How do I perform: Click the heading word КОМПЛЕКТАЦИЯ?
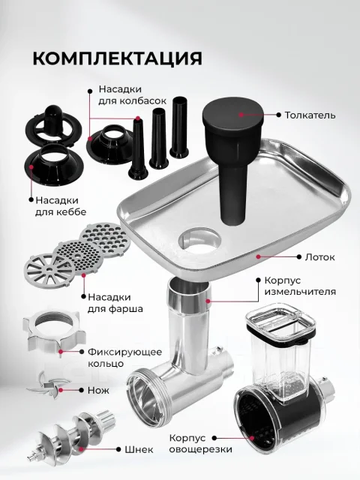coord(117,58)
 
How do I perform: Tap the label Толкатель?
coord(310,115)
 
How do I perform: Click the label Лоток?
coord(319,256)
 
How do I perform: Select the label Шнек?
coord(139,450)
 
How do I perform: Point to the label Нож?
coord(98,390)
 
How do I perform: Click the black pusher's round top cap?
coord(233,113)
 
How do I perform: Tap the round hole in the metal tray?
coord(199,241)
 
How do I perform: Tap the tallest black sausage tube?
coord(179,127)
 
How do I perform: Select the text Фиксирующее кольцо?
coord(125,358)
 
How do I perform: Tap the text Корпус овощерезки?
coord(200,443)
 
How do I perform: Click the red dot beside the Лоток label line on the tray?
coord(258,256)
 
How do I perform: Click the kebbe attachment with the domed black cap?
coord(54,126)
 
